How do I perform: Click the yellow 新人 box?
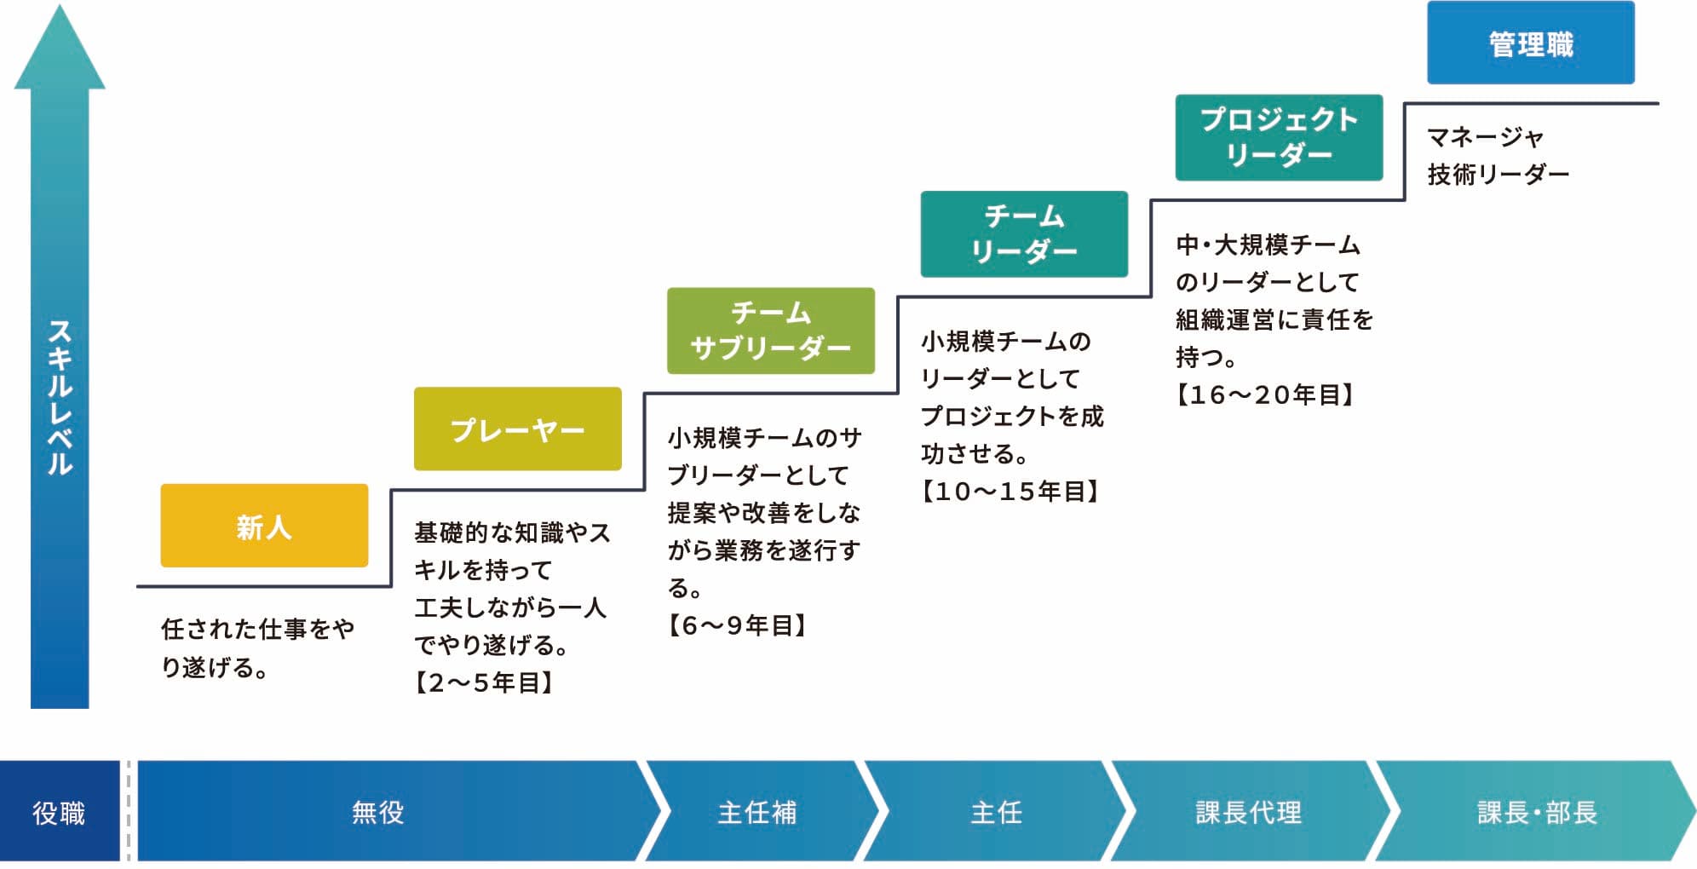tap(264, 526)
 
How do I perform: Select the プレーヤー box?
tap(517, 429)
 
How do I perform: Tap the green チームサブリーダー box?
tap(770, 331)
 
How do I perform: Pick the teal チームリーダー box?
tap(1024, 233)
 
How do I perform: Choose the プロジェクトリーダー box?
tap(1278, 137)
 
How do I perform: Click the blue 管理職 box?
tap(1530, 43)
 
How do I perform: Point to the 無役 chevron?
tap(379, 812)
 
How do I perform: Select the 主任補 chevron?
tap(757, 812)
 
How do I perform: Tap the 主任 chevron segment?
tap(996, 812)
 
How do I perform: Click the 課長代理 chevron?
tap(1248, 812)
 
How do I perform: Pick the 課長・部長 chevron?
tap(1536, 812)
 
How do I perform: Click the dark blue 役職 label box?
tap(59, 812)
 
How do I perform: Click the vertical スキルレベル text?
tap(60, 396)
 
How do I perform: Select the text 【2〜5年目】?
tap(484, 682)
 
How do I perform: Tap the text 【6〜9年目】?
tap(737, 625)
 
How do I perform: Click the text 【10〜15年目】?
tap(1011, 491)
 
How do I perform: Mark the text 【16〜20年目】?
tap(1265, 394)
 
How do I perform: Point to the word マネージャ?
tap(1485, 136)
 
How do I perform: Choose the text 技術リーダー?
tap(1498, 174)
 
